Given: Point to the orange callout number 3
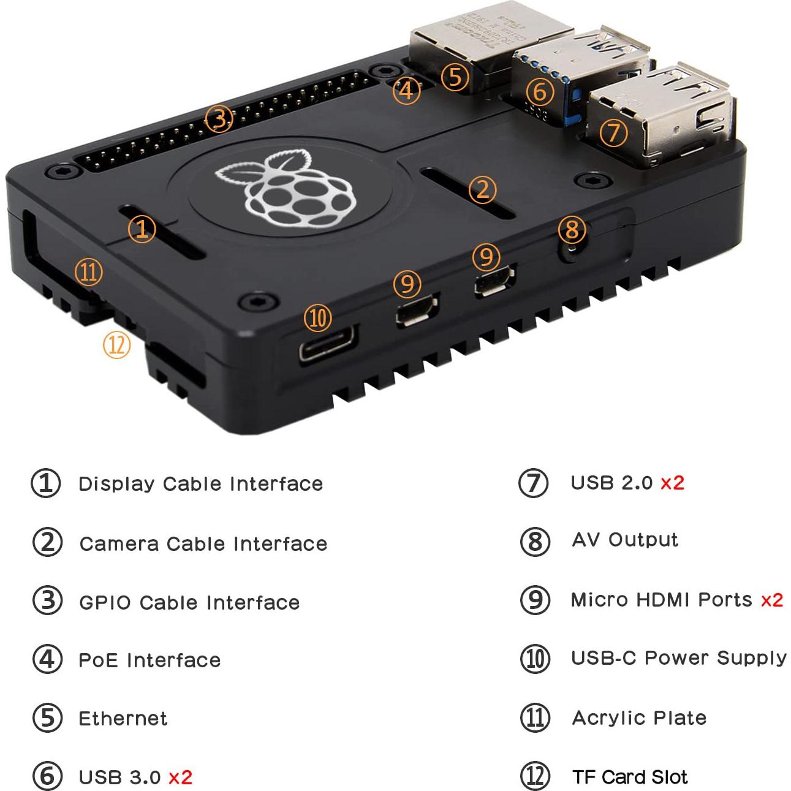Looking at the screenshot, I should (219, 119).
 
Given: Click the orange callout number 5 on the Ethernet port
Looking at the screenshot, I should (455, 77).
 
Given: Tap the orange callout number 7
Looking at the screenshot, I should (614, 132).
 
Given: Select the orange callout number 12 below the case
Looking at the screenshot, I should (116, 345).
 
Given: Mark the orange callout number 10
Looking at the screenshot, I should (317, 318).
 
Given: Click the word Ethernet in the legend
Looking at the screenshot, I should (123, 718).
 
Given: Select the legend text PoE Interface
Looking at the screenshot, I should (149, 660).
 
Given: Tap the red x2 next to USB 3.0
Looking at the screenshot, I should (180, 778).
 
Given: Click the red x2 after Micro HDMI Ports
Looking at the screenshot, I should (771, 600).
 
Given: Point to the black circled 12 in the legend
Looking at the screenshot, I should (535, 776).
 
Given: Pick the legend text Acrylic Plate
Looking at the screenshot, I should (639, 717).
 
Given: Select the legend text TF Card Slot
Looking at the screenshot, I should (630, 777).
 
